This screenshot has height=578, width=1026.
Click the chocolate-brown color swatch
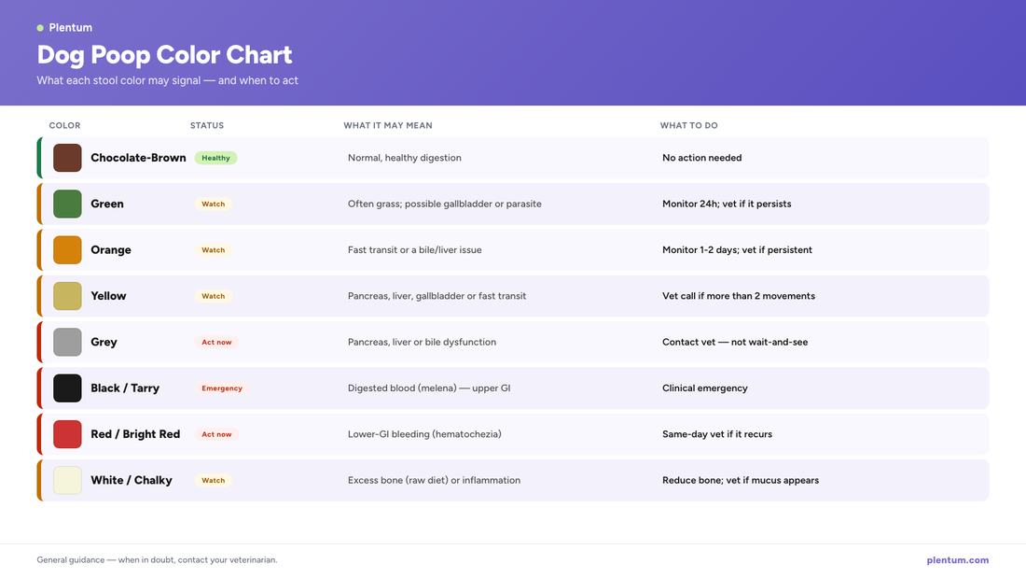[x=67, y=158]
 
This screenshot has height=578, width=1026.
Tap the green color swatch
[x=67, y=204]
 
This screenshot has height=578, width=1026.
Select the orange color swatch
[x=67, y=249]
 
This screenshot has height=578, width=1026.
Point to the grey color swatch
[x=67, y=342]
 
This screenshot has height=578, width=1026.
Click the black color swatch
[x=67, y=388]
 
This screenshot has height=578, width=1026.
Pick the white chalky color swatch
[x=67, y=480]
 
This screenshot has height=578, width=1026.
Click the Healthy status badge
[x=216, y=158]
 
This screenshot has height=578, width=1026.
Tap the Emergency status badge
[x=222, y=388]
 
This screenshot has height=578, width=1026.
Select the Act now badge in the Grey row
[x=216, y=342]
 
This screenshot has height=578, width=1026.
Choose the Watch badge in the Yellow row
[x=214, y=296]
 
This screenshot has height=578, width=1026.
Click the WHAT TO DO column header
[x=688, y=125]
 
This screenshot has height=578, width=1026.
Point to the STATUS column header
[x=207, y=125]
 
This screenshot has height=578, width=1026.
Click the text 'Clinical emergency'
[x=705, y=388]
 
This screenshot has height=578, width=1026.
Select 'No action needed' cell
[x=702, y=158]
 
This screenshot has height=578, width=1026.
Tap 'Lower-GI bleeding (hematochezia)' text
[x=424, y=434]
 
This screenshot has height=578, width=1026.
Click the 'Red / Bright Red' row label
[x=135, y=434]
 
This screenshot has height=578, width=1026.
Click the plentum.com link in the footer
[x=957, y=559]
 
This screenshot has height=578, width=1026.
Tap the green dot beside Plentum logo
[x=40, y=27]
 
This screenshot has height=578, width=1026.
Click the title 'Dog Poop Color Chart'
[x=164, y=55]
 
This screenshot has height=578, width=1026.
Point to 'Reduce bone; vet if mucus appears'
[x=741, y=480]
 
